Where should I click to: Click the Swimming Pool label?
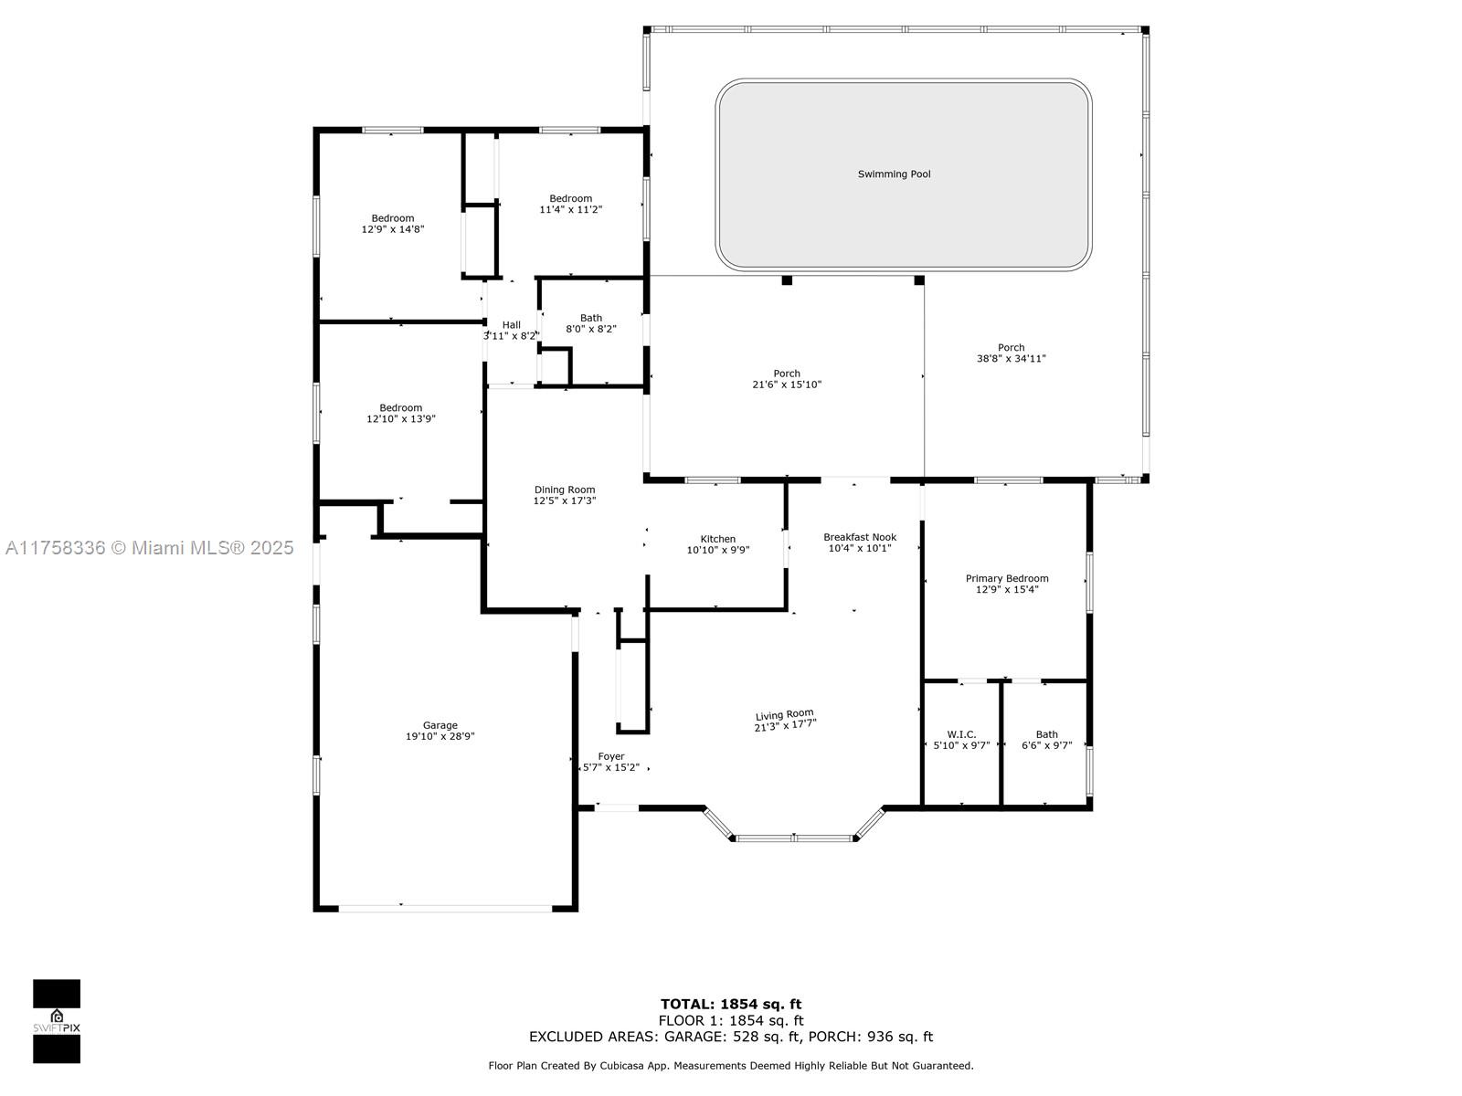point(894,174)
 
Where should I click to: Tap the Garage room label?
point(440,725)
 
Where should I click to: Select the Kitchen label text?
point(718,539)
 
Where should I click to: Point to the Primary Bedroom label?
point(1007,578)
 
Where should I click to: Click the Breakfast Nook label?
point(860,537)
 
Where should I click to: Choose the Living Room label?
point(785,715)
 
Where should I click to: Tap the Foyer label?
point(611,756)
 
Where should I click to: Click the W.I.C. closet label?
point(962,734)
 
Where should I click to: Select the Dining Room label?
point(565,490)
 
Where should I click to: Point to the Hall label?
point(512,325)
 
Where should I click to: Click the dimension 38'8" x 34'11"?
point(1012,359)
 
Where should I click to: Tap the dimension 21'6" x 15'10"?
point(787,385)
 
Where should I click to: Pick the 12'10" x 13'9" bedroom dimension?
point(401,419)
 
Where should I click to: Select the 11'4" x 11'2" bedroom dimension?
point(571,210)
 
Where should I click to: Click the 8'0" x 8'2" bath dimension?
point(591,329)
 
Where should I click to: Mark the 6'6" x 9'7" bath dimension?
point(1047,745)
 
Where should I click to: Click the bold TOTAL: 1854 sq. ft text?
point(731,1005)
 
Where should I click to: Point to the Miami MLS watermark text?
point(149,548)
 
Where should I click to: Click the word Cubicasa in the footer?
point(604,1066)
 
